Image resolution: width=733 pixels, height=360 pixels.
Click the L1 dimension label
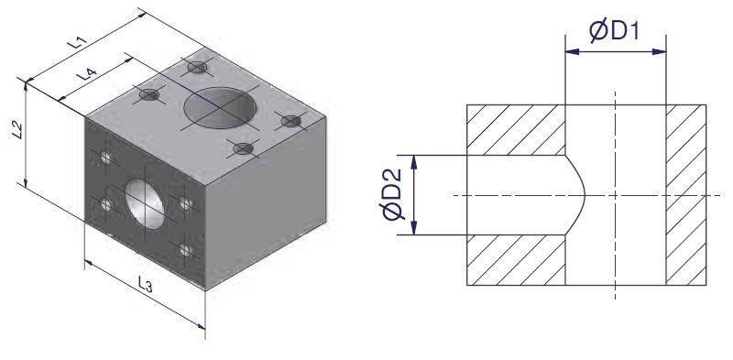(77, 42)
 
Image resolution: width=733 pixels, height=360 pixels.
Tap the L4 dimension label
(86, 74)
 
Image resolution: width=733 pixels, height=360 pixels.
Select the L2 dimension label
(17, 130)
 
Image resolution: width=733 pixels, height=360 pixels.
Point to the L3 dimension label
(146, 284)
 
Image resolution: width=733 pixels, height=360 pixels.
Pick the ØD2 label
(392, 194)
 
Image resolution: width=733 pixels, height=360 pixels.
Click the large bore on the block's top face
(220, 108)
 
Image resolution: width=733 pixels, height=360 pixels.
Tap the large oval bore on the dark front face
(145, 203)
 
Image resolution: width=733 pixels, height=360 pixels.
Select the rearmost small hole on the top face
(197, 67)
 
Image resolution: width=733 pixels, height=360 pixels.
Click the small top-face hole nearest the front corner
(243, 148)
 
